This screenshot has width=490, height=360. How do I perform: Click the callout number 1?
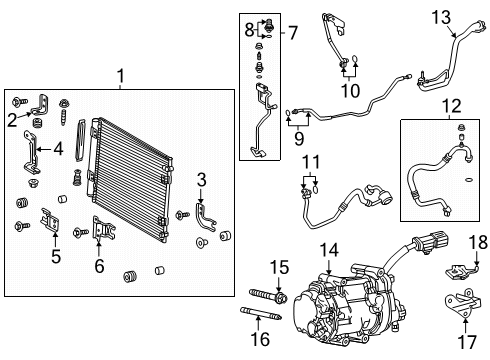121,75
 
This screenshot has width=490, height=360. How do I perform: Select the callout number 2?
11,121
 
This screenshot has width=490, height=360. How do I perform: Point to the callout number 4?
59,151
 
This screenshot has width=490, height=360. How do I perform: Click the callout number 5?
56,257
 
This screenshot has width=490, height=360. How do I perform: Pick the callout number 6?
99,266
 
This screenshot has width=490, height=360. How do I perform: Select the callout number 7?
293,33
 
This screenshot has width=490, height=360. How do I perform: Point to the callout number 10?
349,91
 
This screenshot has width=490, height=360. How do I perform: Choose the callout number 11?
311,163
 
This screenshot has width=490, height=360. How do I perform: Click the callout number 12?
451,105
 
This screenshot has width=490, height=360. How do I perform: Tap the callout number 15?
281,267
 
